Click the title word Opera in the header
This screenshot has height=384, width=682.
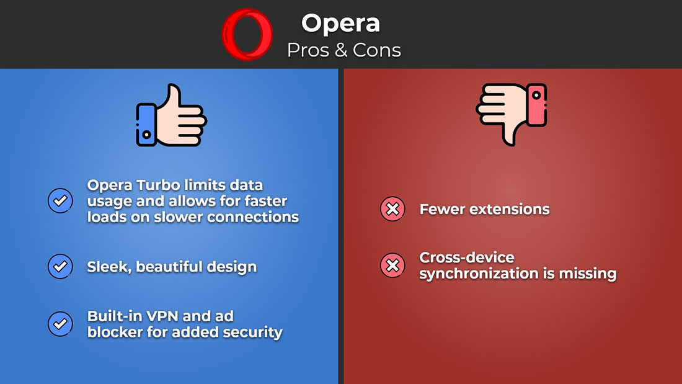[x=340, y=24]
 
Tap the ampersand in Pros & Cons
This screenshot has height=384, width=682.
[x=341, y=50]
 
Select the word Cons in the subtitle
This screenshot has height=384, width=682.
[x=377, y=50]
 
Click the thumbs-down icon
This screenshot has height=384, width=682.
[x=511, y=114]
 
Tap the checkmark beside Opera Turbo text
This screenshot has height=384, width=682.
[x=60, y=201]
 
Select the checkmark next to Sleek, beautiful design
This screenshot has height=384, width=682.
[x=60, y=266]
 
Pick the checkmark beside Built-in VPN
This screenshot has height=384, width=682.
[x=60, y=324]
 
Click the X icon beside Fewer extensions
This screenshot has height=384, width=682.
[x=392, y=209]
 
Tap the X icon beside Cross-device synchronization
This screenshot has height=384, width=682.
[x=392, y=265]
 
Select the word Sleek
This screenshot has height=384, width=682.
[x=109, y=267]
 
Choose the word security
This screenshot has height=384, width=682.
[x=253, y=333]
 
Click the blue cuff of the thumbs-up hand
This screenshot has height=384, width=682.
[x=146, y=125]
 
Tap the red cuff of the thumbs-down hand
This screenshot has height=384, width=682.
[x=537, y=105]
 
